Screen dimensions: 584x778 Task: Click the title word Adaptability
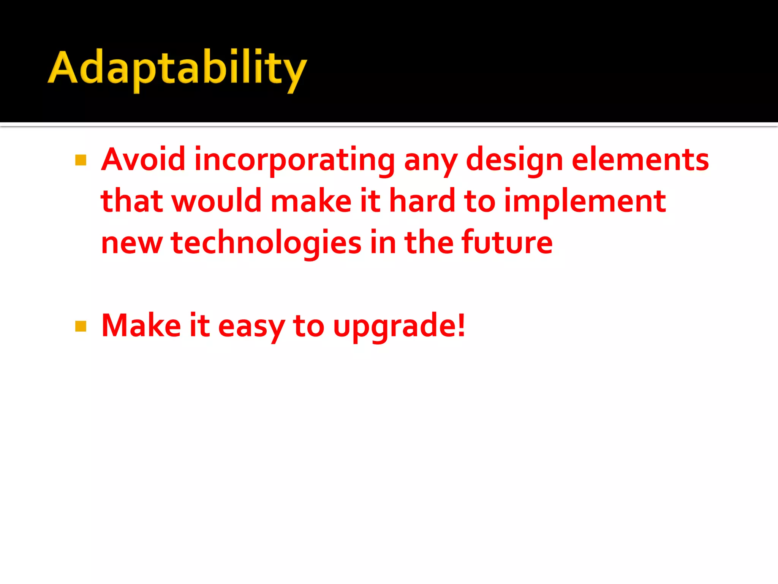point(177,68)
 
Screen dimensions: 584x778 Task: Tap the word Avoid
point(143,160)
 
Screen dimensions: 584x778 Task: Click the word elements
point(640,160)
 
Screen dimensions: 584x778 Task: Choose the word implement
point(585,202)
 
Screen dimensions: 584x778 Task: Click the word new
point(132,243)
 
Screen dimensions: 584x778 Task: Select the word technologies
point(266,243)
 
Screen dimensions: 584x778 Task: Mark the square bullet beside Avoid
point(81,160)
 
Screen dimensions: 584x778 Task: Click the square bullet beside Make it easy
point(81,326)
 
